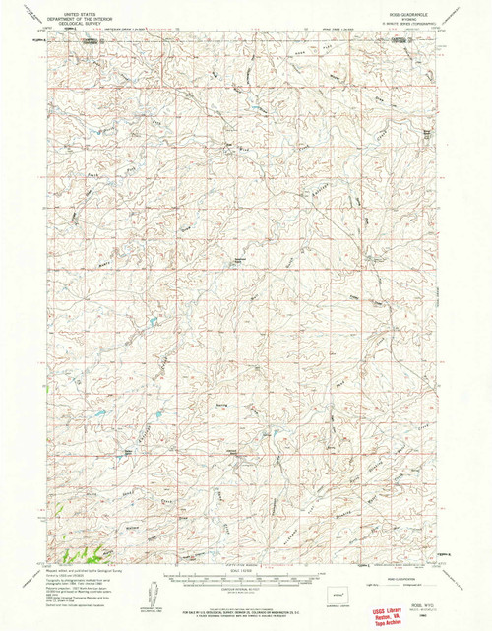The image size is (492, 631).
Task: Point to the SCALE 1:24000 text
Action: pyautogui.click(x=246, y=571)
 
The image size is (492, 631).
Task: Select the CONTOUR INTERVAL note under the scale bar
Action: pyautogui.click(x=246, y=591)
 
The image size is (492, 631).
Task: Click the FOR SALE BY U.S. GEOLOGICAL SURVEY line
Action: pyautogui.click(x=246, y=602)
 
